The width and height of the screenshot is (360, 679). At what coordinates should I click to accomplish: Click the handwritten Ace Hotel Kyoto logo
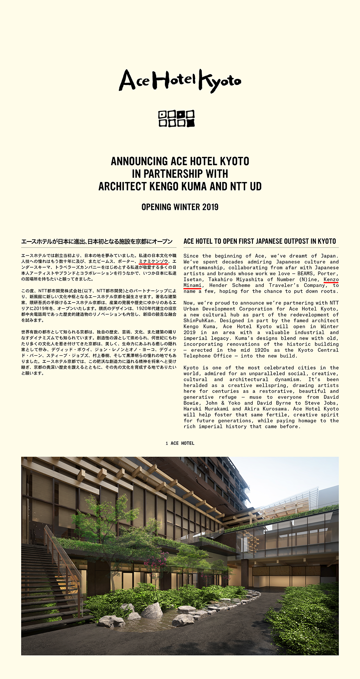pyautogui.click(x=180, y=81)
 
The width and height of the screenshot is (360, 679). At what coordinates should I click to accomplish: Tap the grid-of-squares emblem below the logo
pyautogui.click(x=177, y=118)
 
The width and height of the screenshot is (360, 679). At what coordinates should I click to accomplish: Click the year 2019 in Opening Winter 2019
pyautogui.click(x=210, y=207)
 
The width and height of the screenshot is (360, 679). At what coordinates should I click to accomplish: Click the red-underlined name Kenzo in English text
pyautogui.click(x=331, y=279)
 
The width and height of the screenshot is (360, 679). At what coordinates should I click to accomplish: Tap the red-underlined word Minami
pyautogui.click(x=193, y=285)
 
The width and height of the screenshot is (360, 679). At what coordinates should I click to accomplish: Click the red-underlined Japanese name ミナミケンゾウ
pyautogui.click(x=153, y=262)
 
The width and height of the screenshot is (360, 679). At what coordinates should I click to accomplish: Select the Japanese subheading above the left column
pyautogui.click(x=97, y=241)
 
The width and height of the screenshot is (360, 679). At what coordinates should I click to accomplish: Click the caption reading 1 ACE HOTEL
pyautogui.click(x=180, y=443)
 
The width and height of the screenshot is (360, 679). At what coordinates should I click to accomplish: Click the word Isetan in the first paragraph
pyautogui.click(x=193, y=279)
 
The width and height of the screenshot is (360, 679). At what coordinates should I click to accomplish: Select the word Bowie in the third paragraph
pyautogui.click(x=191, y=403)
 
